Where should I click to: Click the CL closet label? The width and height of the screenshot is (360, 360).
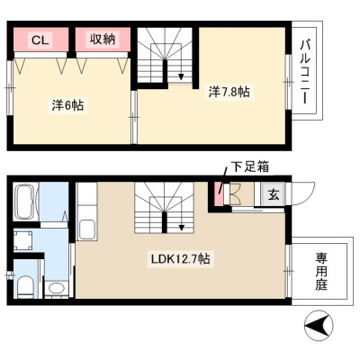(x=40, y=40)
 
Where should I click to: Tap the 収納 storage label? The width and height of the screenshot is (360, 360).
(x=103, y=40)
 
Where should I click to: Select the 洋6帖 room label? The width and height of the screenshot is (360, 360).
(x=67, y=105)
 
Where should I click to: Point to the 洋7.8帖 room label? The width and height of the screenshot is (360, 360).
(x=229, y=92)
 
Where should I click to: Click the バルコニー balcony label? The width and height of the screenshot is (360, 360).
(x=305, y=72)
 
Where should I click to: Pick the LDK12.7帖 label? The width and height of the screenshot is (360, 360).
(x=180, y=259)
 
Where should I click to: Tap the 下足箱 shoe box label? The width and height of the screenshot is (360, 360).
(x=249, y=166)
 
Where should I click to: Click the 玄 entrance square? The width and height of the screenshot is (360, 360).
(x=273, y=194)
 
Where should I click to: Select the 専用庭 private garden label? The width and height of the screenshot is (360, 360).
(x=321, y=272)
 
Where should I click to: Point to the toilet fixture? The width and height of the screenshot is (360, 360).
(x=25, y=287)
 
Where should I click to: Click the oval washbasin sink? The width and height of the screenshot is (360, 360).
(x=57, y=289)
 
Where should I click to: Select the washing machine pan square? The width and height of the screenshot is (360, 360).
(x=22, y=239)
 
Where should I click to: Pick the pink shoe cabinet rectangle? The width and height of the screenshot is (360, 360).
(x=220, y=194)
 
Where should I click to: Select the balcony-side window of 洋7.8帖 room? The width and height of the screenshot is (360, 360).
(x=288, y=82)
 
